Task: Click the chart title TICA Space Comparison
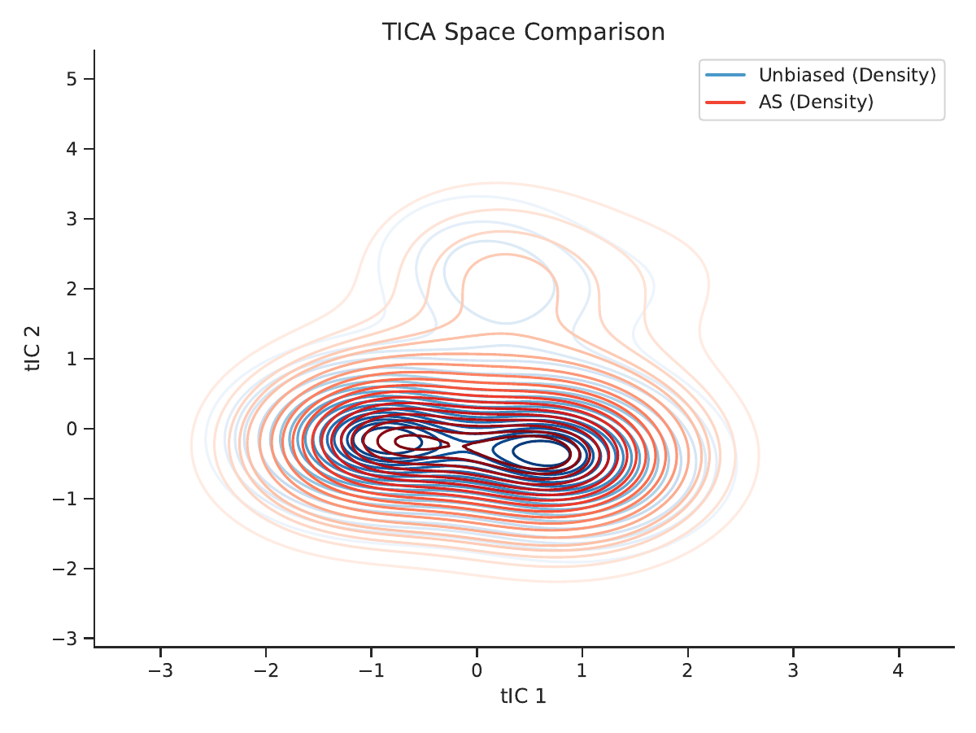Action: (x=523, y=32)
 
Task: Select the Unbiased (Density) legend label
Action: (x=847, y=75)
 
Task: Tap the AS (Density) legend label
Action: (x=816, y=102)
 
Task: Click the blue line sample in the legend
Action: (x=725, y=75)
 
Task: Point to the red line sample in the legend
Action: (x=725, y=103)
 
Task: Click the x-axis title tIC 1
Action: (x=523, y=696)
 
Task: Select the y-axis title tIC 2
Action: (x=33, y=349)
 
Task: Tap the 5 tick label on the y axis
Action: (x=72, y=79)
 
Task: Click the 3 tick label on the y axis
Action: (x=72, y=219)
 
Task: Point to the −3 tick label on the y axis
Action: (x=65, y=639)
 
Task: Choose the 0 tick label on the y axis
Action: (x=72, y=429)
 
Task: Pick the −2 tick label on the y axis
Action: (x=65, y=569)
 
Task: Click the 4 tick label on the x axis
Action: (x=899, y=670)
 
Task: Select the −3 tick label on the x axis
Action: (x=160, y=670)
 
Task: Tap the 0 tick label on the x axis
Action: (x=477, y=670)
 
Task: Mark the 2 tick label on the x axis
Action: (x=687, y=670)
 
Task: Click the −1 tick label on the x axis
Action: (x=371, y=670)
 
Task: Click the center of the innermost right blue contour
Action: (x=541, y=453)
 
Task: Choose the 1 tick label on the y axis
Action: (x=72, y=359)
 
